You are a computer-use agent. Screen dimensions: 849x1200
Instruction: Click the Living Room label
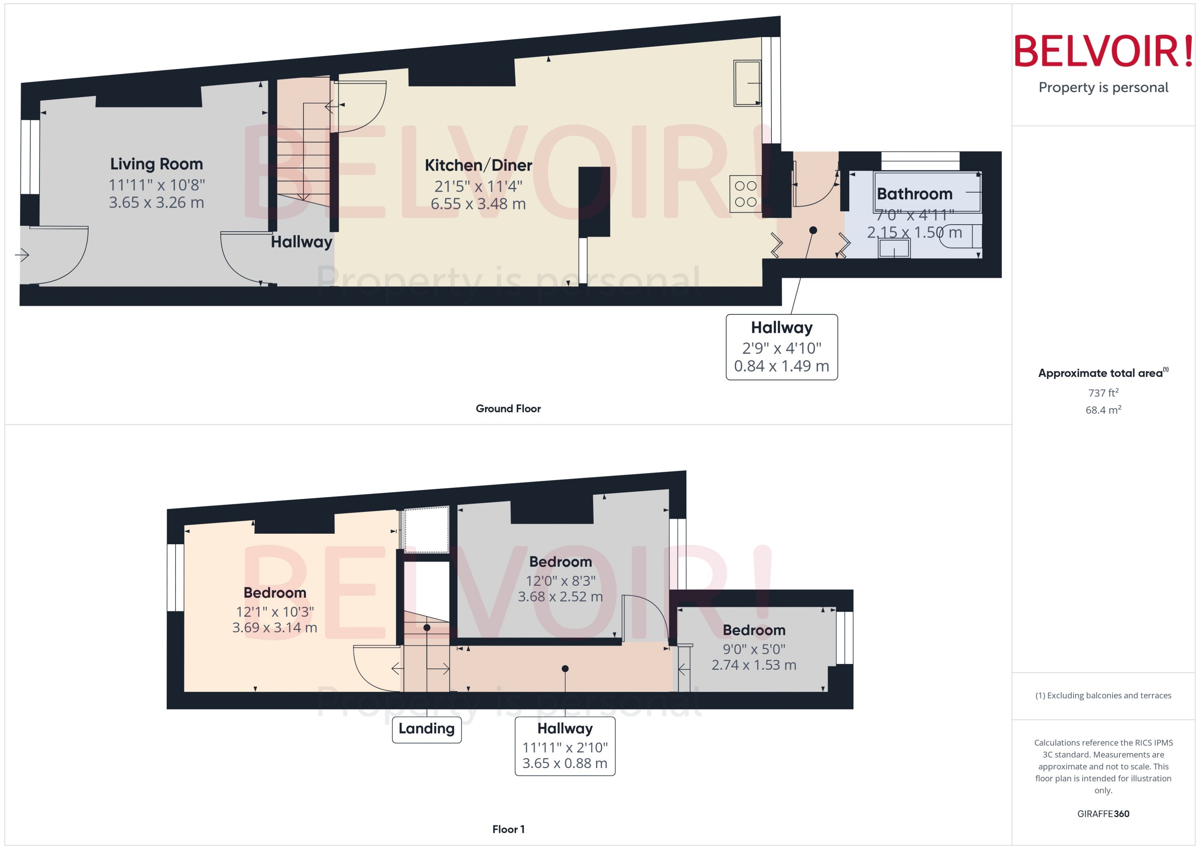coord(156,164)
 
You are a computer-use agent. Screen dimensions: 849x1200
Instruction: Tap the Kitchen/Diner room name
coord(478,166)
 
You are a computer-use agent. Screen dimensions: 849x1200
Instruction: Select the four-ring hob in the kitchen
coord(745,194)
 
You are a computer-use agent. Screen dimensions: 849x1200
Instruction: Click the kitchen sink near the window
coord(747,84)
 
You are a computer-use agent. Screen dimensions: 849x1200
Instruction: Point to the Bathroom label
coord(914,194)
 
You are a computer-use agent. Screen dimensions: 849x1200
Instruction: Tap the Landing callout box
coord(426,729)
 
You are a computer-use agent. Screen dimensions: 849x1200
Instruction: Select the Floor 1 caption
coord(508,829)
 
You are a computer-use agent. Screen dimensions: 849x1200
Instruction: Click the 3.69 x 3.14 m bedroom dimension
coord(275,627)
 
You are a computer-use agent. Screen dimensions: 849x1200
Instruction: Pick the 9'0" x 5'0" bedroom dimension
coord(754,649)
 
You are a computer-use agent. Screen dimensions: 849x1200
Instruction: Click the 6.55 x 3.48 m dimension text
coord(478,204)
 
